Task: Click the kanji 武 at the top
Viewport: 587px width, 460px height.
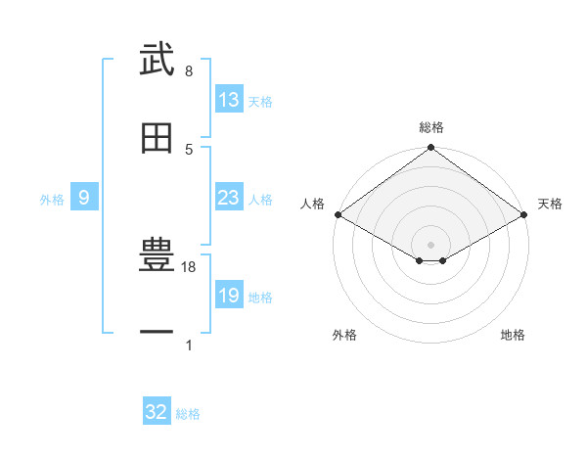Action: tap(157, 61)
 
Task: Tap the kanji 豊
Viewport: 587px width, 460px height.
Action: tap(157, 256)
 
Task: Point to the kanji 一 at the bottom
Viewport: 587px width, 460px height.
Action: tap(157, 334)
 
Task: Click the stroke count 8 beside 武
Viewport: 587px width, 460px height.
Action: tap(188, 71)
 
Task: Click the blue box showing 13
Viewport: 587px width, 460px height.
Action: tap(228, 100)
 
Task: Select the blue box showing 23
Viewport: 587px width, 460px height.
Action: tap(228, 198)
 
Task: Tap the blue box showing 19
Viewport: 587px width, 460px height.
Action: tap(228, 296)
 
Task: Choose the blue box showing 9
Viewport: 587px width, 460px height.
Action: tap(84, 198)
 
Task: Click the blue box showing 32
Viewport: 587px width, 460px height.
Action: tap(157, 412)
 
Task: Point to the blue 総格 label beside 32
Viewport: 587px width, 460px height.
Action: tap(188, 414)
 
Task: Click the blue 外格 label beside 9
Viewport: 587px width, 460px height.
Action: tap(52, 200)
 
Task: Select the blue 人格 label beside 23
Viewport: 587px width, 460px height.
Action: tap(260, 200)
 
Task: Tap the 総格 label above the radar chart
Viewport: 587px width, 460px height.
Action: tap(431, 127)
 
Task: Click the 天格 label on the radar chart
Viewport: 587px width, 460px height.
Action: tap(550, 204)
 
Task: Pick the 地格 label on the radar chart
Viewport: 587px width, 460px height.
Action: tap(513, 336)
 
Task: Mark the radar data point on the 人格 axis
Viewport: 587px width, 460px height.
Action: tap(338, 214)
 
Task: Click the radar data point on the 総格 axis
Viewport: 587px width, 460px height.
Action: tap(430, 149)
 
